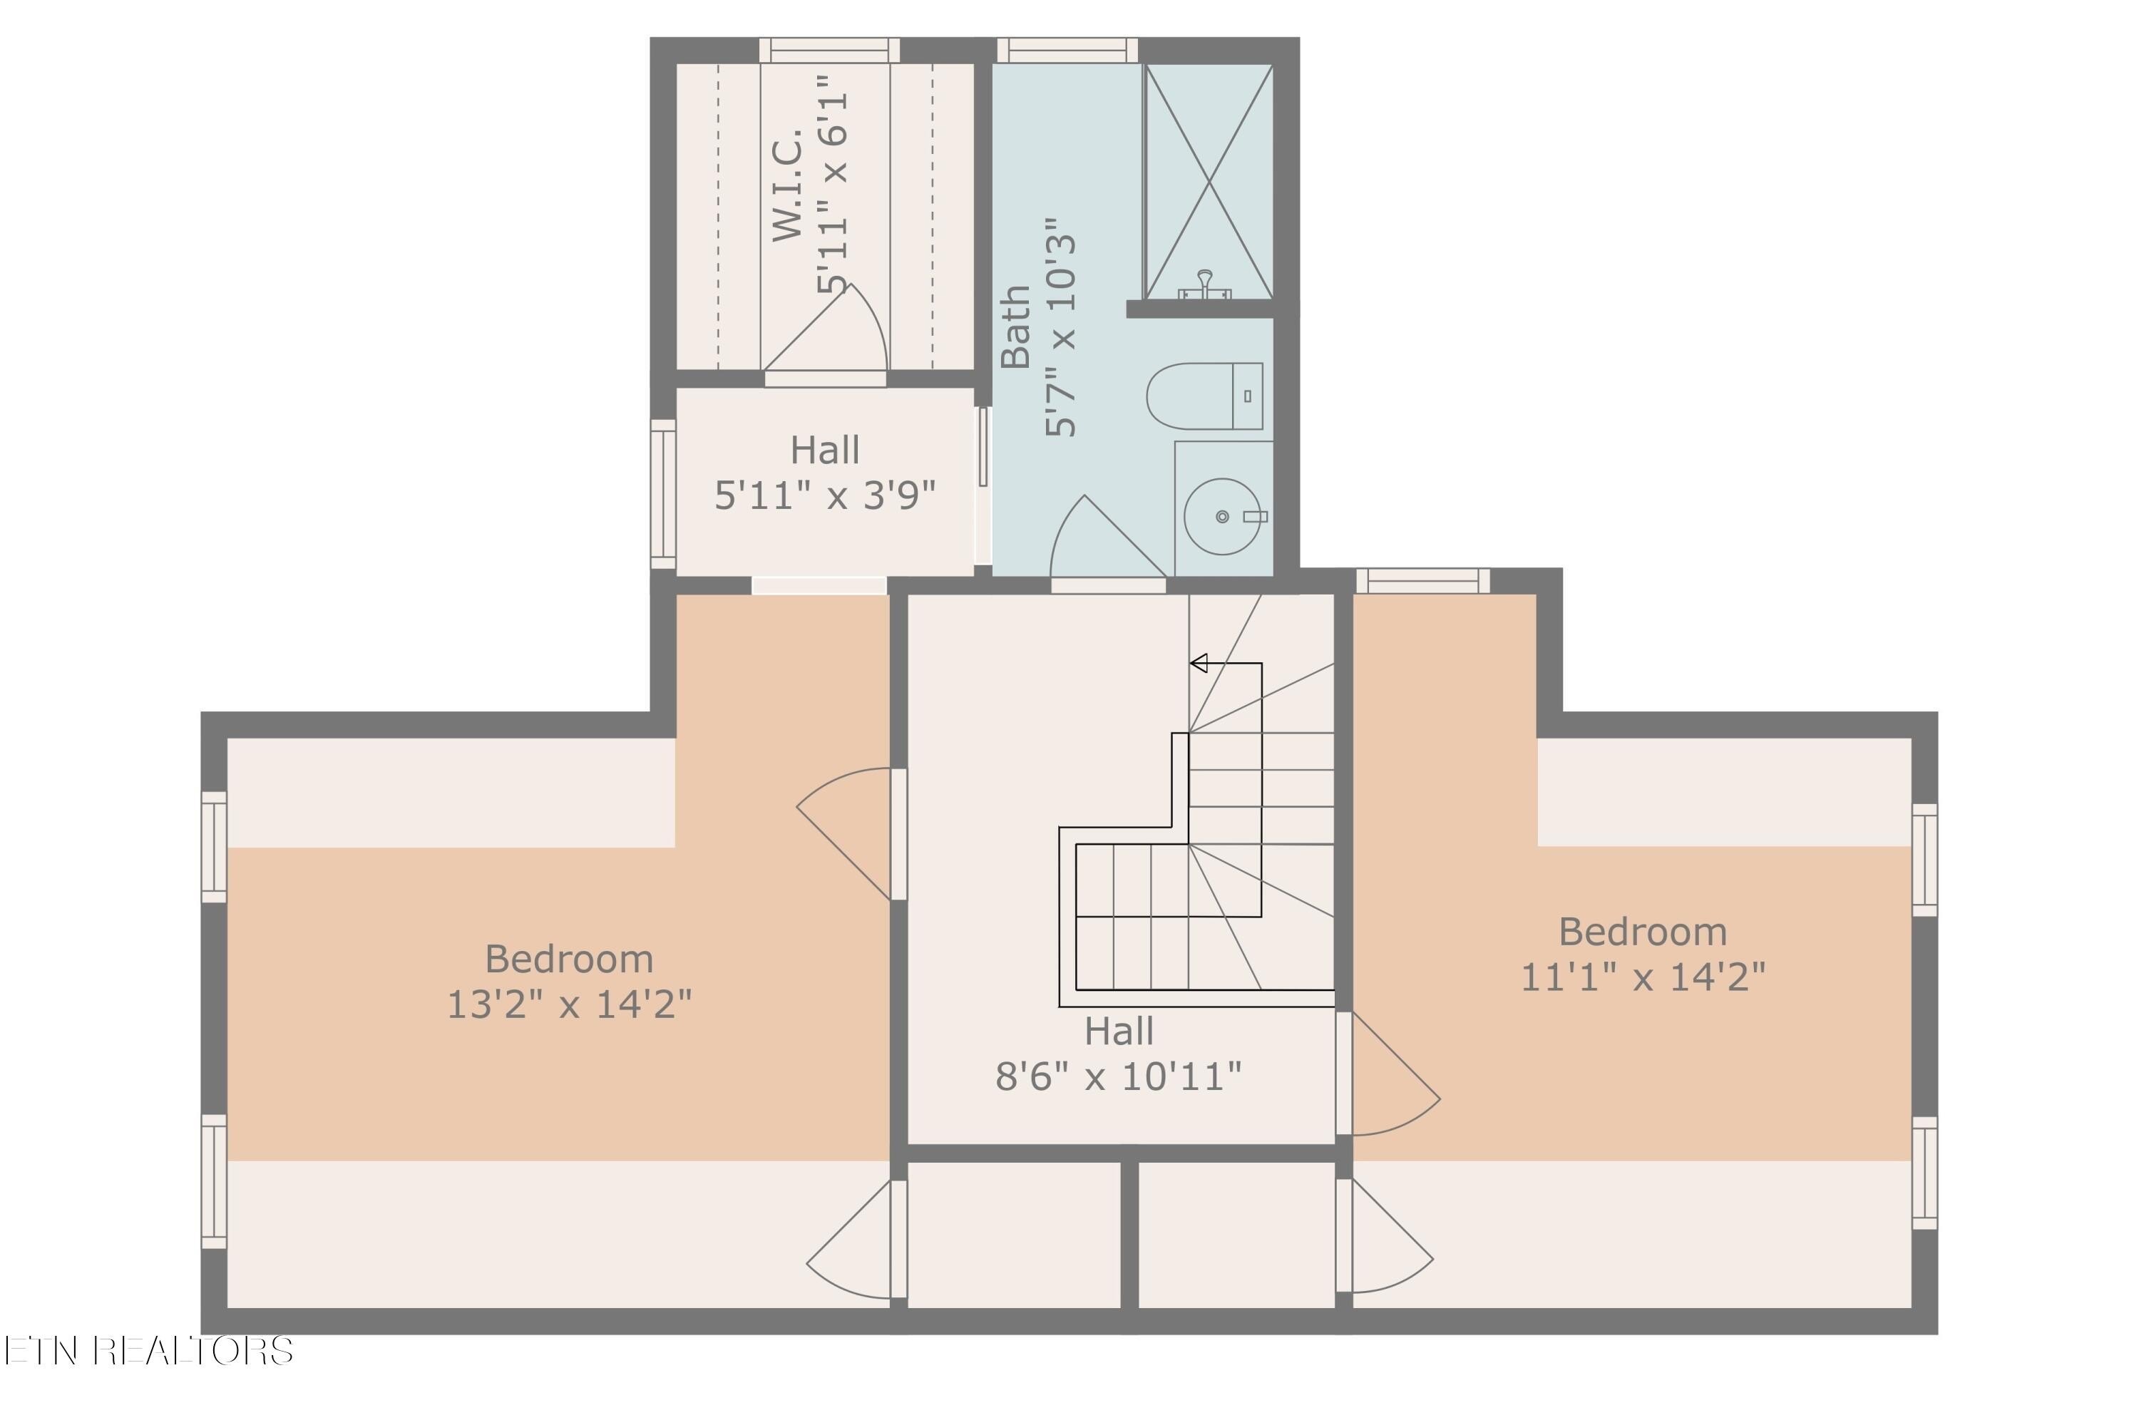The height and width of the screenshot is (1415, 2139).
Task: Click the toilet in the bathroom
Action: tap(1204, 396)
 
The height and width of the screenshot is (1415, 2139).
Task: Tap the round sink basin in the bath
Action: tap(1221, 516)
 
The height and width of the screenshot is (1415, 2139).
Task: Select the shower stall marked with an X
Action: tap(1209, 180)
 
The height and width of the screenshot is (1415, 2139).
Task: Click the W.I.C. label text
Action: tap(787, 185)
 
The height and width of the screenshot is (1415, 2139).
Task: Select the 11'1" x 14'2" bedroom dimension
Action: tap(1643, 977)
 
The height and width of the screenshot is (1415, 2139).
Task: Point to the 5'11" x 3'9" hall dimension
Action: tap(825, 495)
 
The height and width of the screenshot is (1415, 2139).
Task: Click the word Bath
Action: tap(1016, 326)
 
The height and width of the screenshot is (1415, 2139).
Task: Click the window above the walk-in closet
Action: tap(829, 51)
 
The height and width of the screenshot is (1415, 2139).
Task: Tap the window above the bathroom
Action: tap(1067, 51)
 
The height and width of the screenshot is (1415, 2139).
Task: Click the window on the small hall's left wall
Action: tap(663, 493)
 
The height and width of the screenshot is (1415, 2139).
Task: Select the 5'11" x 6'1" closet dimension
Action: tap(832, 185)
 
